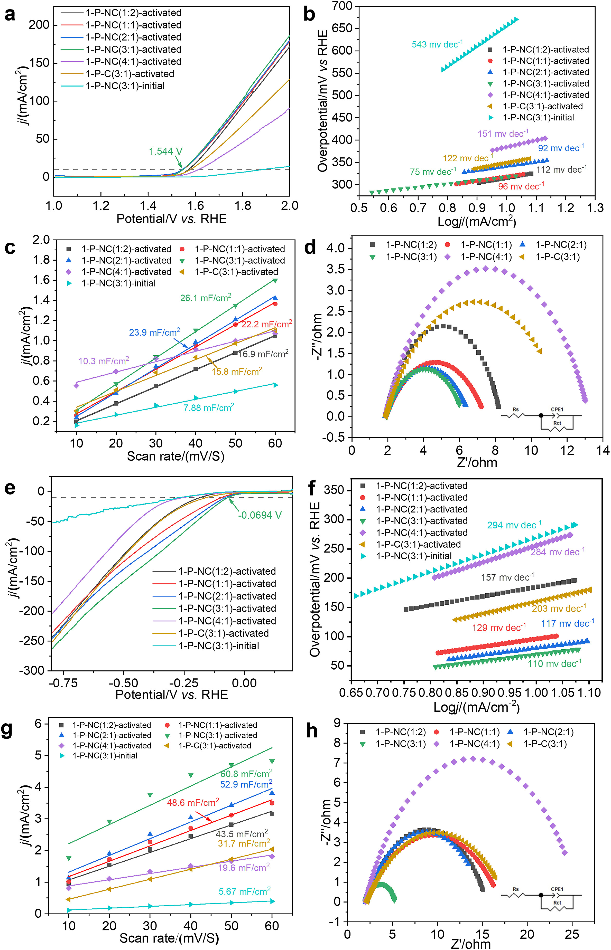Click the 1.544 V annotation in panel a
tap(165, 151)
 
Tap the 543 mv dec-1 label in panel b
tap(437, 44)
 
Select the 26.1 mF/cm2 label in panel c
tap(206, 298)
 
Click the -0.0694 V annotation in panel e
tap(260, 515)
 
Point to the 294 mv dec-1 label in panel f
tap(514, 525)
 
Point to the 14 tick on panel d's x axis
tap(603, 450)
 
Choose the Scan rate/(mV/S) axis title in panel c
tap(175, 456)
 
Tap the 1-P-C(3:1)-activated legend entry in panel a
tap(130, 74)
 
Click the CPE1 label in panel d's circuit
tap(557, 410)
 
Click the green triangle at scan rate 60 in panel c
tap(275, 281)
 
